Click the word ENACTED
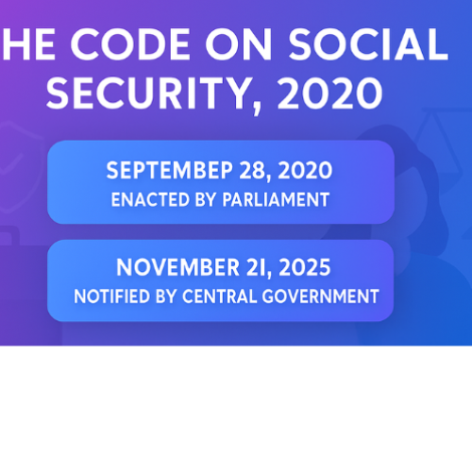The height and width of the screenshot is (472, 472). tap(144, 199)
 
